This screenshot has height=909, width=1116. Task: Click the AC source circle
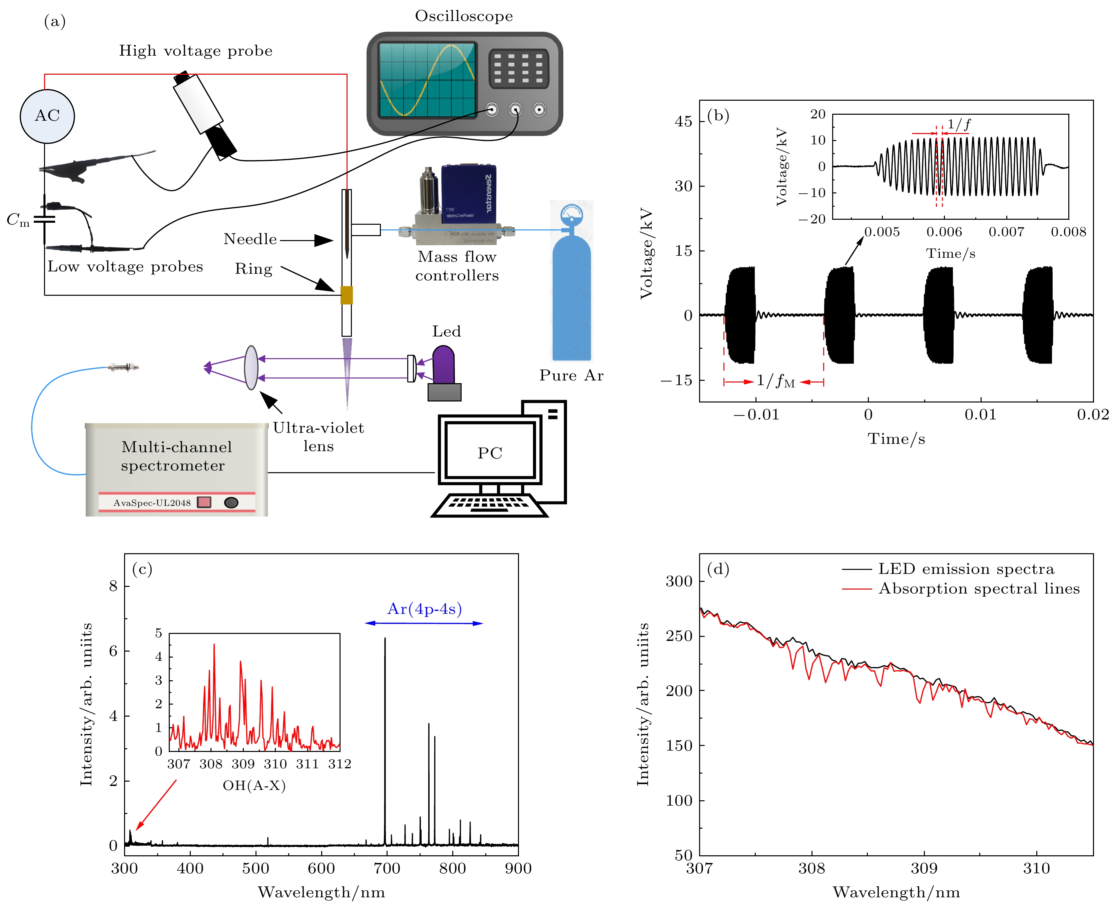[x=47, y=116]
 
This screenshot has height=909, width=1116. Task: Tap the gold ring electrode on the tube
[x=346, y=295]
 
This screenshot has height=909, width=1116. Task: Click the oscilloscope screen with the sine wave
[x=427, y=80]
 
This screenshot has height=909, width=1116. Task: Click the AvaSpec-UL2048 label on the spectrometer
[x=152, y=503]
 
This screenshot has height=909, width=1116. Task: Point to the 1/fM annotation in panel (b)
[x=775, y=381]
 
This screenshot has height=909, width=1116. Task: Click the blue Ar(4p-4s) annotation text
[x=424, y=609]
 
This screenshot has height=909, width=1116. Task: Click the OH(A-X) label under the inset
[x=254, y=785]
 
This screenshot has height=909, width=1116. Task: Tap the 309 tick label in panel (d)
[x=924, y=869]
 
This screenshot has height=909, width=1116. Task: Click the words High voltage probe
[x=195, y=51]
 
